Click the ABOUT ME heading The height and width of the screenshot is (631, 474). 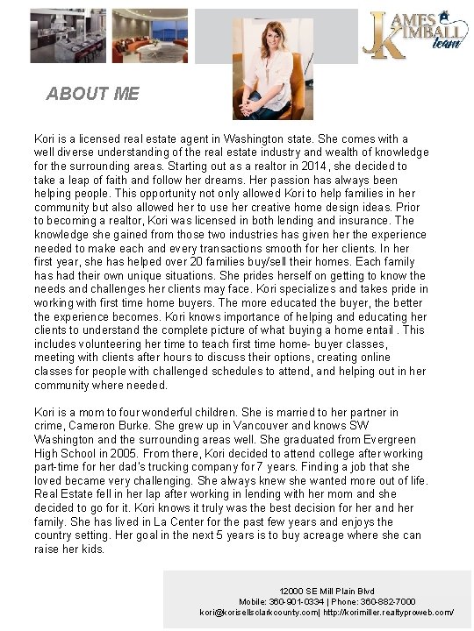pyautogui.click(x=92, y=93)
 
